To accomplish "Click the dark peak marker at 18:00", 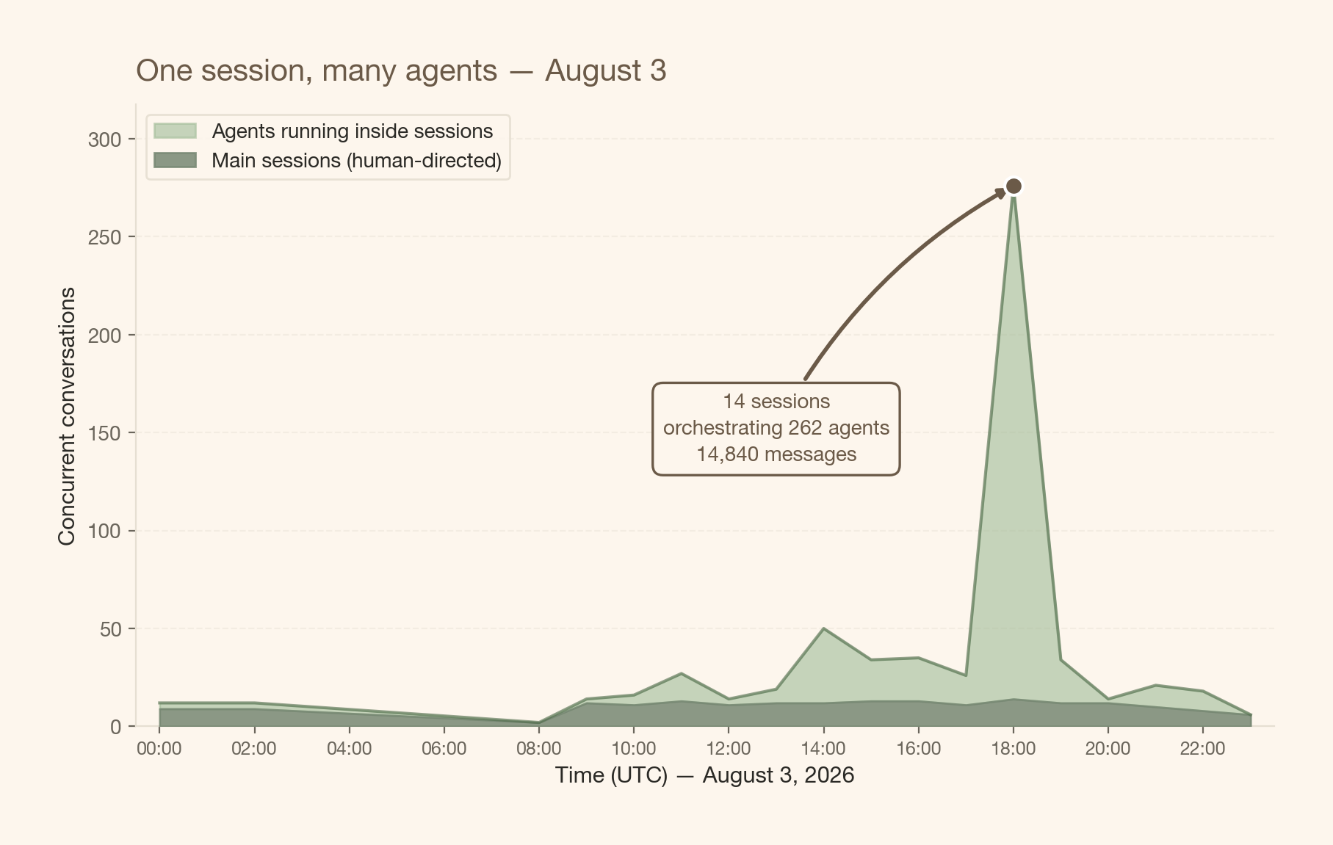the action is tap(1014, 186).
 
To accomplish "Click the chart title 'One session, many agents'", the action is tap(317, 71).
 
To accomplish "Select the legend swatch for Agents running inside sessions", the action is tap(175, 131).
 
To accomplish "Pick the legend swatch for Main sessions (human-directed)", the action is tap(175, 160).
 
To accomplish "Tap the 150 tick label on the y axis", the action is tap(104, 433).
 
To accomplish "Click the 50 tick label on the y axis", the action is tap(111, 629).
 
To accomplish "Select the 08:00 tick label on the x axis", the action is tap(539, 749).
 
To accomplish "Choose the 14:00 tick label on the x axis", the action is tap(823, 749).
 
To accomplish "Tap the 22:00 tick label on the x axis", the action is tap(1202, 749).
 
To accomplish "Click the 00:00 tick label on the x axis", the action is tap(159, 749).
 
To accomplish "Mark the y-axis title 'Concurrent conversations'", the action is tap(67, 416).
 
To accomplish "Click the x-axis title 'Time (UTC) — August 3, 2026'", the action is tap(704, 775).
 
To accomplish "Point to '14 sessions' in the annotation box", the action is tap(776, 402).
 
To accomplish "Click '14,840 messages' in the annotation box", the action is tap(776, 454).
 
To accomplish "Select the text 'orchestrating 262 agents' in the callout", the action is tap(776, 428).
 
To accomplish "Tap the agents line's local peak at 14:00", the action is tap(823, 628).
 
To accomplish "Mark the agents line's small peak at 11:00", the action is tap(682, 673).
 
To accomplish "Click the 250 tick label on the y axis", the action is tap(104, 237).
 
